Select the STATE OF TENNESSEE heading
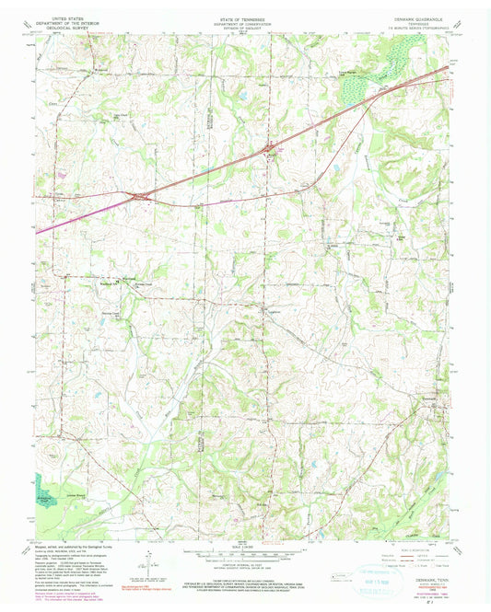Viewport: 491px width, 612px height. click(245, 17)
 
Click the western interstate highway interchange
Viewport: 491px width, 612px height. click(140, 195)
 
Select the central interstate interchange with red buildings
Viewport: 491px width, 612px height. click(269, 147)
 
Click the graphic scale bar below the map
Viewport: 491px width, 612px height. click(245, 552)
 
